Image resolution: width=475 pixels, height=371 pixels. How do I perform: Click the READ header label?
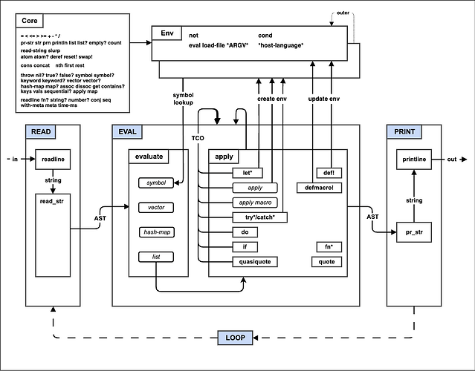point(41,132)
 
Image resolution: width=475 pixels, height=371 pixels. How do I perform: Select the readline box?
point(52,160)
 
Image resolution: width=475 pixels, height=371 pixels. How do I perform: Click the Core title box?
point(30,21)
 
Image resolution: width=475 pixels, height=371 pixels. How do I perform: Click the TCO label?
point(197,139)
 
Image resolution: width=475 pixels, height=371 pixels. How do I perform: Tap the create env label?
point(272,99)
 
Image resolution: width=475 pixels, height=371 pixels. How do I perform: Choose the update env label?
point(324,99)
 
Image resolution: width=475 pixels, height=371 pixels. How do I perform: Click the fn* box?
point(327,246)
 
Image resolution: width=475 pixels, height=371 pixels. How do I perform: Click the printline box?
point(415,160)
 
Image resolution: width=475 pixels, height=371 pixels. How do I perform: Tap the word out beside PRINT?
point(452,160)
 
